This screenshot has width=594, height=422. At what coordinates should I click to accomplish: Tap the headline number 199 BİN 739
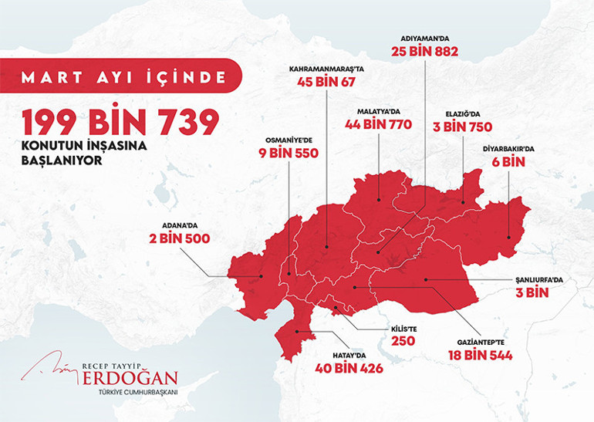pos(120,123)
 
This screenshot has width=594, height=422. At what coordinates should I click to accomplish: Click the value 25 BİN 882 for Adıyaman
pos(426,52)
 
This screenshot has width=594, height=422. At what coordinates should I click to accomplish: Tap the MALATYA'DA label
pos(379,111)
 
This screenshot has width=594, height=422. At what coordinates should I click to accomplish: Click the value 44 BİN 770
pos(379,124)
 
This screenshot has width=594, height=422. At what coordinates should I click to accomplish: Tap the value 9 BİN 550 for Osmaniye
pos(288,154)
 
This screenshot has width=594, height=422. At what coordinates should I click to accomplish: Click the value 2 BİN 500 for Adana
pos(179,238)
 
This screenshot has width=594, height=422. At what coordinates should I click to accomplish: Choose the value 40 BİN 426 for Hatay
pos(349,368)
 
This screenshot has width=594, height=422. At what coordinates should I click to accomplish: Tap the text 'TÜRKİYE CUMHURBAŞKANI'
pos(133,393)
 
